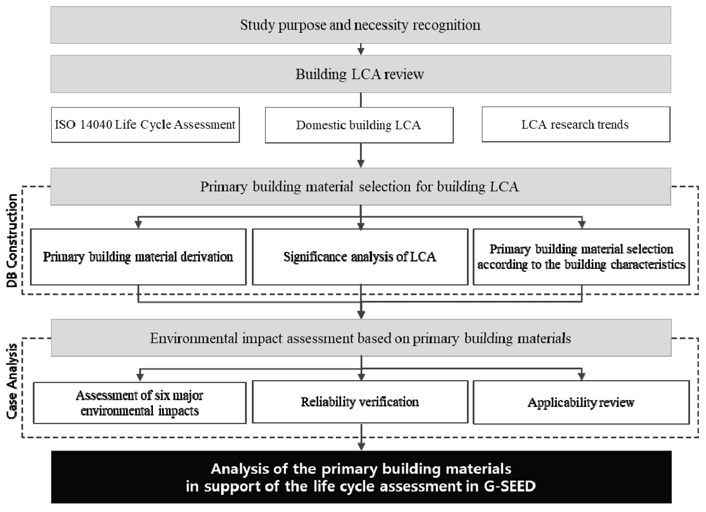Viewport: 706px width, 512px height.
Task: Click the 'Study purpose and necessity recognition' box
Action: point(361,25)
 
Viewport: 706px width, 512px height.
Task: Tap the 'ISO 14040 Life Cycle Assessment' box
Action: point(145,125)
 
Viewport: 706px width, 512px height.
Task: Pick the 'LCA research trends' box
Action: point(576,124)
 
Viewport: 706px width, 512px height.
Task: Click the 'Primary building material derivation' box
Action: point(138,257)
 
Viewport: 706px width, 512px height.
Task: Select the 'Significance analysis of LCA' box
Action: point(360,257)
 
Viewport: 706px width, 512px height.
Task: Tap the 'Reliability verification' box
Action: point(360,402)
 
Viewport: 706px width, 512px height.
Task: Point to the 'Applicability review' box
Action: point(581,402)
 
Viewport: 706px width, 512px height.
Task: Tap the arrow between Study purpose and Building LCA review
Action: point(361,49)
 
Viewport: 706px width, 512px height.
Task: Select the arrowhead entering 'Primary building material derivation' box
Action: point(138,224)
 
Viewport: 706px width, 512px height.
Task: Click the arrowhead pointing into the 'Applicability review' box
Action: point(581,376)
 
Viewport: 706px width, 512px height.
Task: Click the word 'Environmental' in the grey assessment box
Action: point(194,338)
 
